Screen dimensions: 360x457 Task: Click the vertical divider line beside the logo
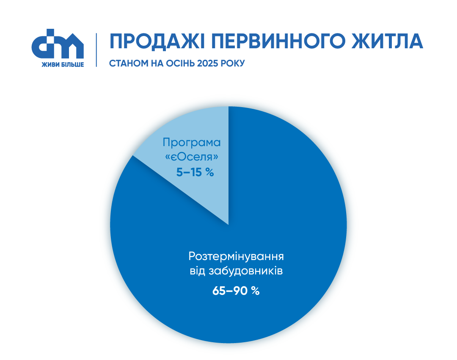(96, 50)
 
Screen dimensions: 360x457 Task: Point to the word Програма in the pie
(192, 142)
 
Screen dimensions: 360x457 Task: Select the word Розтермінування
(236, 257)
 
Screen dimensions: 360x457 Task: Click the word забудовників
(245, 271)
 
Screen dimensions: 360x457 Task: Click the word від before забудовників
(197, 271)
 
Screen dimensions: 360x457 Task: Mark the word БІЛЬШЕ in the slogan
(71, 64)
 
